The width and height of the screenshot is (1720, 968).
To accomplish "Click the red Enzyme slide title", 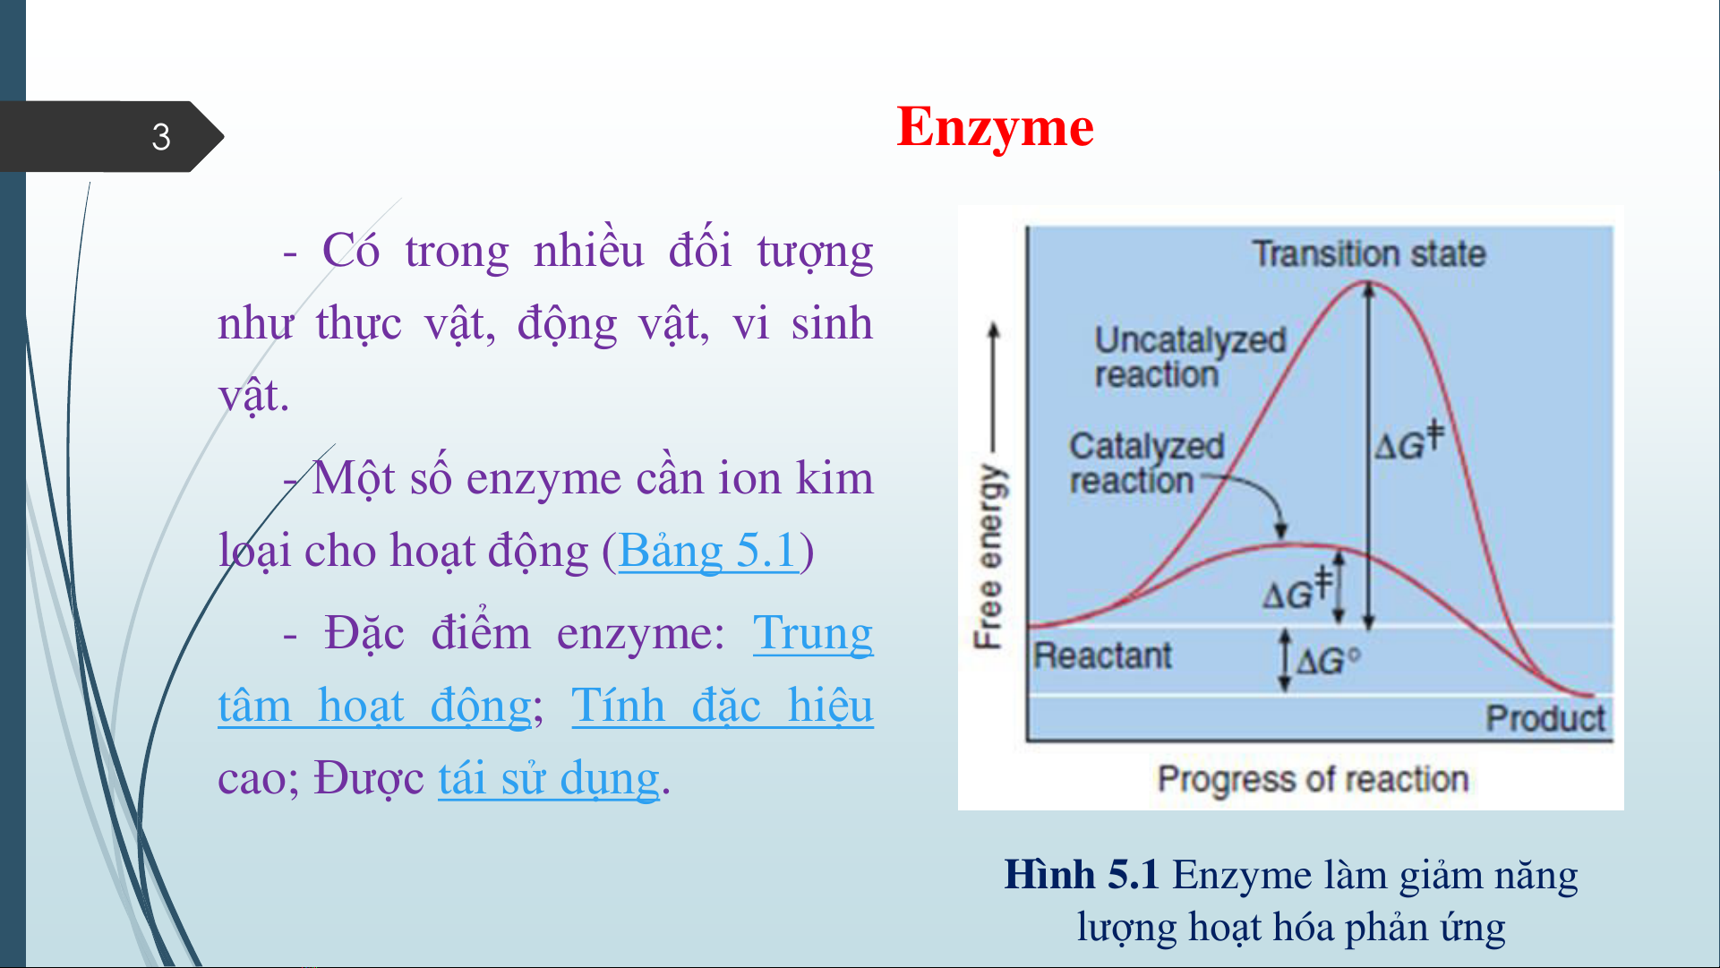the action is pyautogui.click(x=995, y=126).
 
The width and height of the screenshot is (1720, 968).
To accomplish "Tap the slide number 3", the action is pyautogui.click(x=161, y=137).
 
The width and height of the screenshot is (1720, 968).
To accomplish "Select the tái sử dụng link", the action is pyautogui.click(x=549, y=777).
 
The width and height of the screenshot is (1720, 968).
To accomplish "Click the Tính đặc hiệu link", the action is pyautogui.click(x=723, y=705).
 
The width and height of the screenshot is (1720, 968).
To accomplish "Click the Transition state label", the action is pyautogui.click(x=1368, y=253).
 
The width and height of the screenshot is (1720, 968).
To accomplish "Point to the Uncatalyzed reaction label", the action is pyautogui.click(x=1190, y=356).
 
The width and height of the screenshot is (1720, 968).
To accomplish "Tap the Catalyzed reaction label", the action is pyautogui.click(x=1146, y=463).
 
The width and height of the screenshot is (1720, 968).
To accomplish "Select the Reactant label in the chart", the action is pyautogui.click(x=1102, y=655).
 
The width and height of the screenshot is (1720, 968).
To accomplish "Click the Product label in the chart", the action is pyautogui.click(x=1545, y=718).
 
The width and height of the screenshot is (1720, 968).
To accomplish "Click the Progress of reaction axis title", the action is pyautogui.click(x=1313, y=779).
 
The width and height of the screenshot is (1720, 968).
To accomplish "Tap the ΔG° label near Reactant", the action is pyautogui.click(x=1328, y=662).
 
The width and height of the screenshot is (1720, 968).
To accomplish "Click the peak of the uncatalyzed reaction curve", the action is pyautogui.click(x=1368, y=284).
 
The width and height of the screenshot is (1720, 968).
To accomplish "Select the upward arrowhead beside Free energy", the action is pyautogui.click(x=992, y=330).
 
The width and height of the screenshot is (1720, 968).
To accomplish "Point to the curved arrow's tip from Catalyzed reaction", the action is pyautogui.click(x=1281, y=535).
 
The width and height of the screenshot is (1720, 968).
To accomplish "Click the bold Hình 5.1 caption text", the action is pyautogui.click(x=1082, y=875).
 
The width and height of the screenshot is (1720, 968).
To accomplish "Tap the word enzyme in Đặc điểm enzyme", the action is pyautogui.click(x=640, y=633).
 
